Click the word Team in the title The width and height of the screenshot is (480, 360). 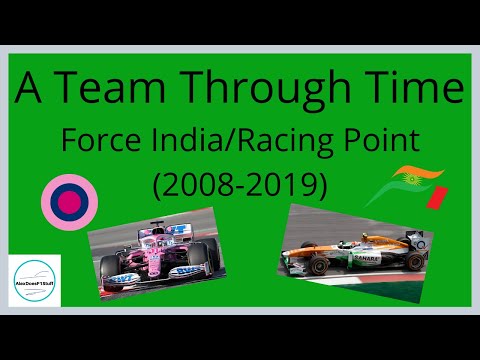click(108, 92)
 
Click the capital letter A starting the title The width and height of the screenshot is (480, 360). click(30, 92)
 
